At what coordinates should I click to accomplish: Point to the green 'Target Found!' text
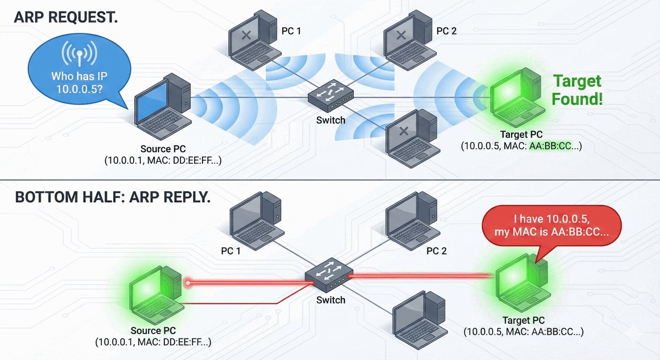pos(577,91)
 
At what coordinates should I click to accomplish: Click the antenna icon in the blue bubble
pos(79,53)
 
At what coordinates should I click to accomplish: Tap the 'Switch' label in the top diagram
pos(331,120)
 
